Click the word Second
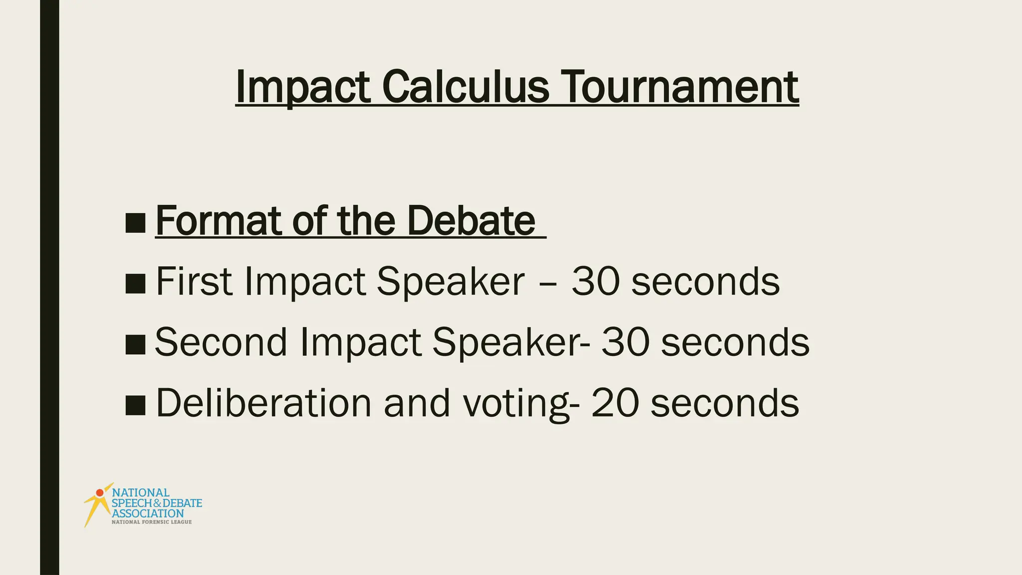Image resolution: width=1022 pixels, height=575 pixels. click(221, 342)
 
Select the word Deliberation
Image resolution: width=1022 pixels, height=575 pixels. click(263, 403)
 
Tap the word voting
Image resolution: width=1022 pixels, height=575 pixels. click(516, 403)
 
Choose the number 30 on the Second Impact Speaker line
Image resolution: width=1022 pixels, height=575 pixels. click(625, 342)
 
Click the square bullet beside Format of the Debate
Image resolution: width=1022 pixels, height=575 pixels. click(135, 223)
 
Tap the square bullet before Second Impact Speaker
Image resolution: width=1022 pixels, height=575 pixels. click(135, 344)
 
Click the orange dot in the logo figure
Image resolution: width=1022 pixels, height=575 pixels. click(100, 493)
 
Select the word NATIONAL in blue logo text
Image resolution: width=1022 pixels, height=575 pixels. click(141, 493)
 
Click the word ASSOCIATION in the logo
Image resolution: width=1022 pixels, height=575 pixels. click(148, 513)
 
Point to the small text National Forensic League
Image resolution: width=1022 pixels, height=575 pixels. click(151, 522)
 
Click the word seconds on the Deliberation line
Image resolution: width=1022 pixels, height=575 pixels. click(725, 403)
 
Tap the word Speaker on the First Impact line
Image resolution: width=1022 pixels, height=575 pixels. click(450, 282)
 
